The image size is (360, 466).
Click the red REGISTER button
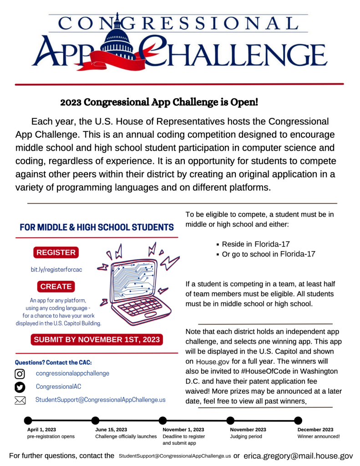pyautogui.click(x=56, y=253)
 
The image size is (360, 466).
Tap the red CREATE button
pyautogui.click(x=56, y=287)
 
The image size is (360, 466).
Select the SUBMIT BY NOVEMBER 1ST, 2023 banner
pyautogui.click(x=96, y=339)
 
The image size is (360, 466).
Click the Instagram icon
pyautogui.click(x=20, y=374)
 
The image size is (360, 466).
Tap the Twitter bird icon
pyautogui.click(x=20, y=387)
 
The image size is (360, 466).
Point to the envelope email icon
pyautogui.click(x=20, y=400)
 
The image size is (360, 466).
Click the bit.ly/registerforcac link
pyautogui.click(x=56, y=270)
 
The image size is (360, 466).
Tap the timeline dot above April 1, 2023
pyautogui.click(x=28, y=420)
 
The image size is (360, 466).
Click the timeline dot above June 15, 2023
pyautogui.click(x=96, y=420)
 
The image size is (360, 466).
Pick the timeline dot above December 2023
pyautogui.click(x=298, y=420)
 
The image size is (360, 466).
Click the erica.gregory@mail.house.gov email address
pyautogui.click(x=298, y=455)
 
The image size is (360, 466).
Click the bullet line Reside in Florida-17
pyautogui.click(x=256, y=244)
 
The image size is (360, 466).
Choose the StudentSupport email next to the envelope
pyautogui.click(x=100, y=400)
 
